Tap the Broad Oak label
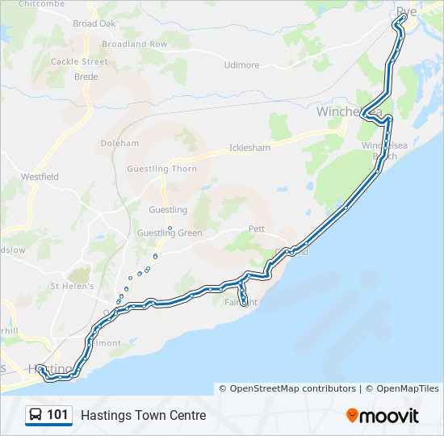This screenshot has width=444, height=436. pyautogui.click(x=94, y=23)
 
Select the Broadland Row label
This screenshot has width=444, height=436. pyautogui.click(x=135, y=44)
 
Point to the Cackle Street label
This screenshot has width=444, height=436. pyautogui.click(x=79, y=61)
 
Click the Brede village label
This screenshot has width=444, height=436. pyautogui.click(x=86, y=77)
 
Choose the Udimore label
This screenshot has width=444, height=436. pyautogui.click(x=241, y=65)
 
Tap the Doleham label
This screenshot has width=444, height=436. pyautogui.click(x=119, y=143)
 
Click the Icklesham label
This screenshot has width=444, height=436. pyautogui.click(x=249, y=148)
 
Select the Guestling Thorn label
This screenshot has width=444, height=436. pyautogui.click(x=161, y=169)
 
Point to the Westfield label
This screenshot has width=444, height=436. pyautogui.click(x=40, y=176)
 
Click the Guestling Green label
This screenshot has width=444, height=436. pyautogui.click(x=170, y=233)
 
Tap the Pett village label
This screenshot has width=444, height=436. pyautogui.click(x=256, y=229)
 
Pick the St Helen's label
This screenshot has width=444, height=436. pyautogui.click(x=73, y=286)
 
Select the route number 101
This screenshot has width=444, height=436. pyautogui.click(x=58, y=415)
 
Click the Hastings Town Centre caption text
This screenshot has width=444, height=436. pyautogui.click(x=143, y=416)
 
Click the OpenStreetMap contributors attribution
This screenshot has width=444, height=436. pyautogui.click(x=293, y=388)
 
